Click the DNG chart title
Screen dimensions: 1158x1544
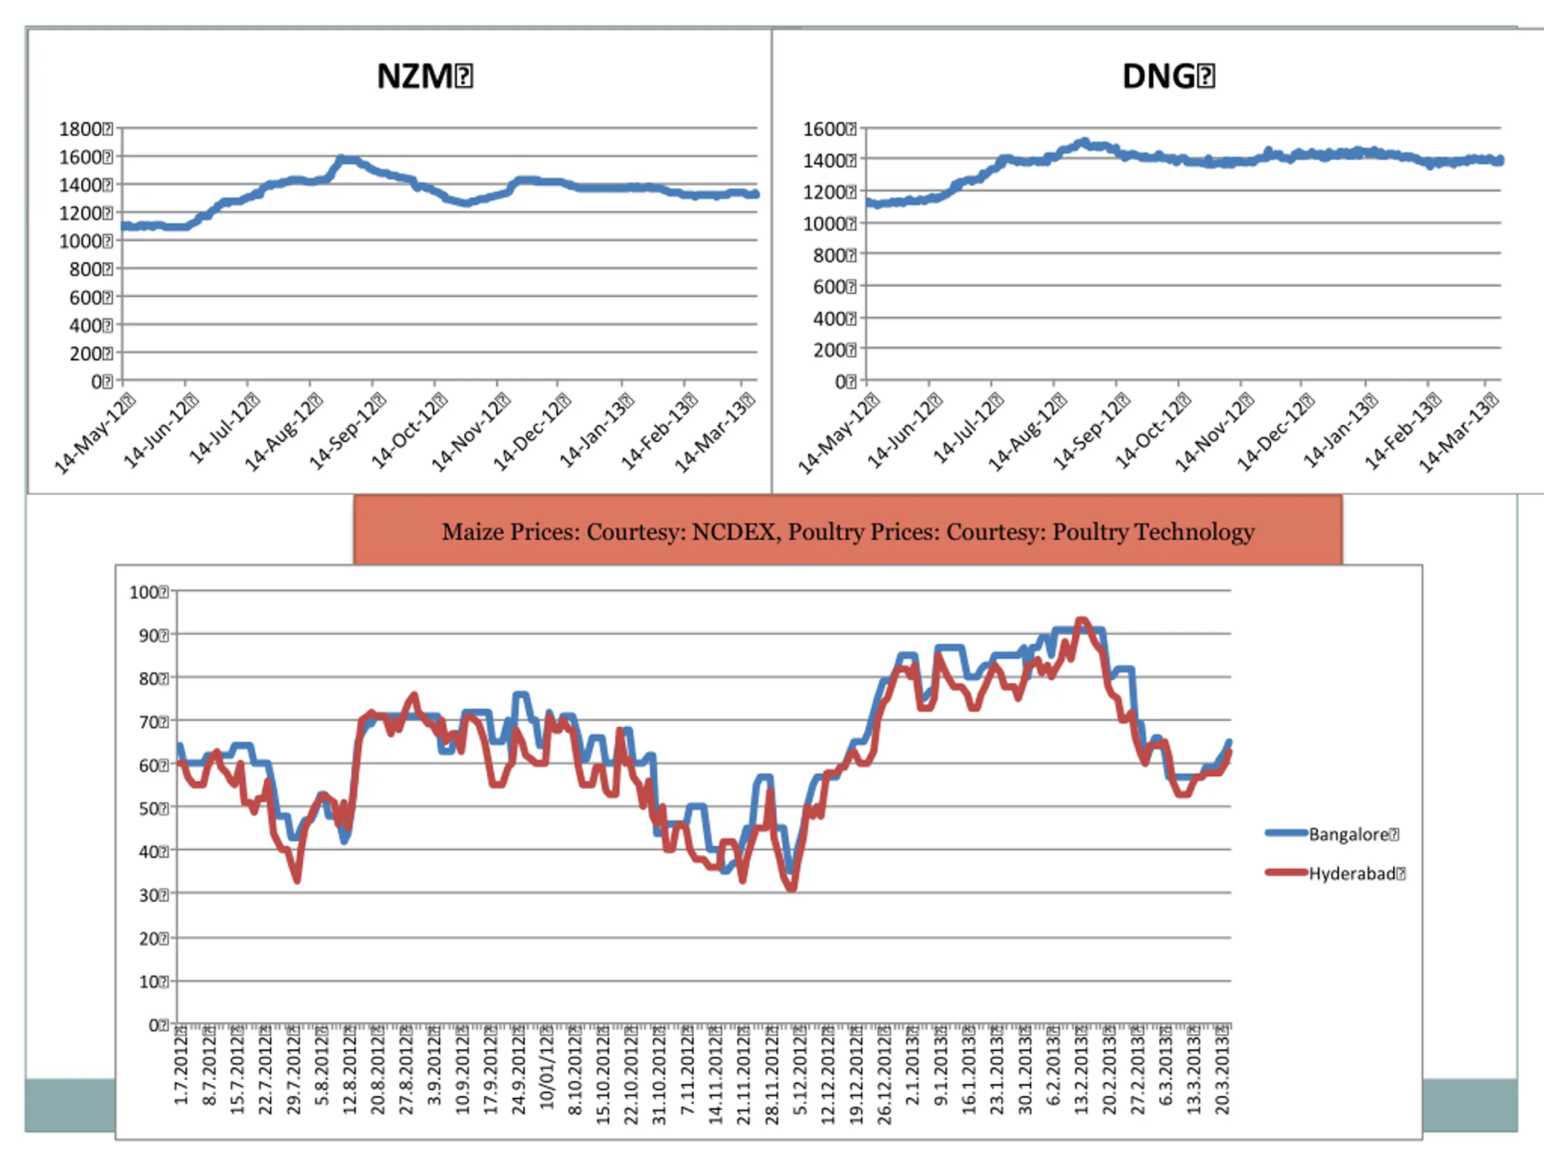[x=1167, y=76]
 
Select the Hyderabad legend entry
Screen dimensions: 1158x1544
[x=1354, y=873]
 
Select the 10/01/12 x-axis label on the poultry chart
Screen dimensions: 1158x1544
[x=546, y=1069]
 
